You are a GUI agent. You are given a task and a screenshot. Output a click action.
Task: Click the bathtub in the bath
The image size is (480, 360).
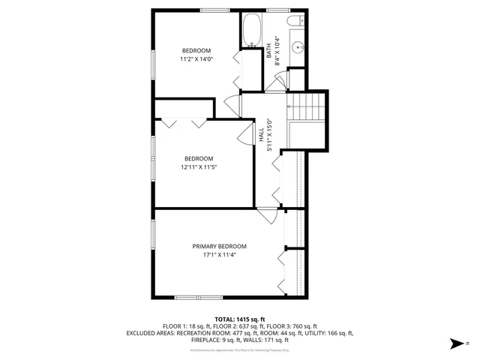[x=251, y=31]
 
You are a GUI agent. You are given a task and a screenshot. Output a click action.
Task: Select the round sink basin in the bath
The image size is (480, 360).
[x=297, y=46]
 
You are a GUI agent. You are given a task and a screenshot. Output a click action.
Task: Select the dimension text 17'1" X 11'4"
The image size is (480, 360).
[x=219, y=255]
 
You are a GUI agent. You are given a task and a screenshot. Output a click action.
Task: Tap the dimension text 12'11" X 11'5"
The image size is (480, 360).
[x=199, y=167]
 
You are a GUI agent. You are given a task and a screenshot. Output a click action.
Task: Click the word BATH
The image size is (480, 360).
[x=268, y=52]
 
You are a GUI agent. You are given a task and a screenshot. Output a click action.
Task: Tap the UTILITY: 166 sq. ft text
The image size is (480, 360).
[x=329, y=332]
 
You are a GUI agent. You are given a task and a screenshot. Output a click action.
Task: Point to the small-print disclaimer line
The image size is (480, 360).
[x=240, y=349]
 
